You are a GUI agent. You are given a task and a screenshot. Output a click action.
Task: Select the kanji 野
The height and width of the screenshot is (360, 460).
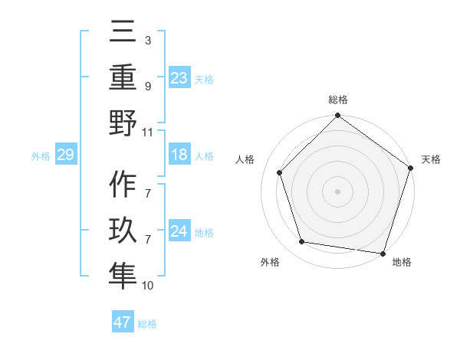coord(122,123)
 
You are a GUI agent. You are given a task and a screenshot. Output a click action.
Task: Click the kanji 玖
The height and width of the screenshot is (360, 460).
coord(122,231)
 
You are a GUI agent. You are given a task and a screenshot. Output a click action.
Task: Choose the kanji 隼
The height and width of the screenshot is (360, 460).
coord(122,275)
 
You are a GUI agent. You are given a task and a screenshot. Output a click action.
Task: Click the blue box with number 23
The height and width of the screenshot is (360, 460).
coord(179,78)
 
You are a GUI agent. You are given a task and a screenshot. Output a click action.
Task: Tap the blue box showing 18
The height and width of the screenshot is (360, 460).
coord(179,155)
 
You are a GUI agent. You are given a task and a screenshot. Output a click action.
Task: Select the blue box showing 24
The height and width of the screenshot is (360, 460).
coord(179,231)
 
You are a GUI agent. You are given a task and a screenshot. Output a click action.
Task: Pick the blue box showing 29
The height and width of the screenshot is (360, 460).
coord(65,155)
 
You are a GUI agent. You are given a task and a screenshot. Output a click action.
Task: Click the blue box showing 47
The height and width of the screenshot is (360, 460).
coord(122,322)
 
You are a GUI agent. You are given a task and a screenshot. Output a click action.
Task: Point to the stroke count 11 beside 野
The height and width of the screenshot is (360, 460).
coord(148,132)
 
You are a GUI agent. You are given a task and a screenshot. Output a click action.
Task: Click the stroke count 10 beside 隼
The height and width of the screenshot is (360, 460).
coord(148,286)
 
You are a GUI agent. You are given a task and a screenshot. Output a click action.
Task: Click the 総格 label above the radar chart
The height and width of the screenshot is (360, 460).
coord(337,100)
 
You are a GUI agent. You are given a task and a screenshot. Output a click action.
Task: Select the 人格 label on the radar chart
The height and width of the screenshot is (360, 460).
coord(246,160)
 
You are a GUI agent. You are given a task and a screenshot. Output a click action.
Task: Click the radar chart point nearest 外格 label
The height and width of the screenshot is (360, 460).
coord(302,242)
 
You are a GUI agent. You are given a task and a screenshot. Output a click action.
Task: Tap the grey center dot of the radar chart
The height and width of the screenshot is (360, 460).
coord(337,191)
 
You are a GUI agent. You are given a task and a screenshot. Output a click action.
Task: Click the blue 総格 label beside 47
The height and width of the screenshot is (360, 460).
coord(147,324)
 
